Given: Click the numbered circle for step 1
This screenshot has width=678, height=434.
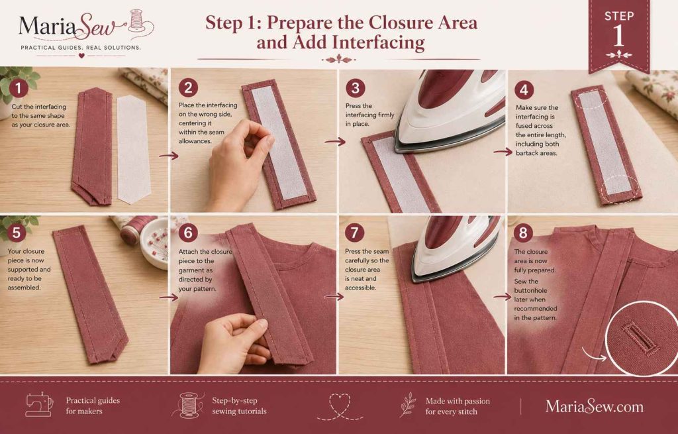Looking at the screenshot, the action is point(18,88).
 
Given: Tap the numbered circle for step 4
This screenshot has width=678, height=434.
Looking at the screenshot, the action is point(524,90).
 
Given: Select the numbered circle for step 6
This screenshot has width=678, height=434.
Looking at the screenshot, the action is point(188,233).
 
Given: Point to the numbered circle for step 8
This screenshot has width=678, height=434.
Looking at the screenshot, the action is point(523,233).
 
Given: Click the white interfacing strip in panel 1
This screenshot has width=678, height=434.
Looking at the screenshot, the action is point(134,149).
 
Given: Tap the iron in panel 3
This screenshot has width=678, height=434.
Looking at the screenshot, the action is point(450,111).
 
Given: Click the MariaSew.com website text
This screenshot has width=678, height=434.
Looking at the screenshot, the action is point(594,406).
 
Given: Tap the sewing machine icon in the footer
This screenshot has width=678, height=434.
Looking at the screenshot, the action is point(39,405).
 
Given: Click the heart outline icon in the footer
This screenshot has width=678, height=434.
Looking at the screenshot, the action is point(340,406).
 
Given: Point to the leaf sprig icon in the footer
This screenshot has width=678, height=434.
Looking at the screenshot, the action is point(407,405).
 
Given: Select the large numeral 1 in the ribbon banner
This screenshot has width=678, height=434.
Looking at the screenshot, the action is point(619,35).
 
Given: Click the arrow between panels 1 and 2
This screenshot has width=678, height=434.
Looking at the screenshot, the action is point(169,155).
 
